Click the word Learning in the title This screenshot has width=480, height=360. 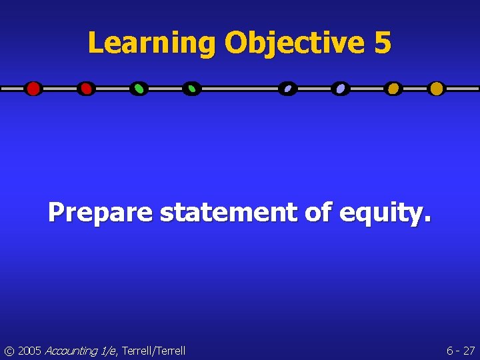point(152,43)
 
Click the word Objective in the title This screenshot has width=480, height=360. point(295,43)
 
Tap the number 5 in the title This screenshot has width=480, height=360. point(383,43)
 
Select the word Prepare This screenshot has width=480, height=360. point(100,213)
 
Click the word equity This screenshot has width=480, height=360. point(381,213)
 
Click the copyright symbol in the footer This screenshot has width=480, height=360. point(9,351)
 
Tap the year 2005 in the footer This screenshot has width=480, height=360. point(29,351)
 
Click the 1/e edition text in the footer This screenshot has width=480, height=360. point(108,351)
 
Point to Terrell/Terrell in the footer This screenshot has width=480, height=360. point(153,351)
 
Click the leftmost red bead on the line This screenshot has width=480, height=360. point(33,89)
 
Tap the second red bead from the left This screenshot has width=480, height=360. point(85,89)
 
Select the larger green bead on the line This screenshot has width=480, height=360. point(139,89)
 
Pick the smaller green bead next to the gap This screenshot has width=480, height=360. point(191,89)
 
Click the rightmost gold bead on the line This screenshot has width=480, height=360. point(436,89)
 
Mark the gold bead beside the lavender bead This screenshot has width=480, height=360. point(393,89)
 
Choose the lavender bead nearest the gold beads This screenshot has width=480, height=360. point(341,89)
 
